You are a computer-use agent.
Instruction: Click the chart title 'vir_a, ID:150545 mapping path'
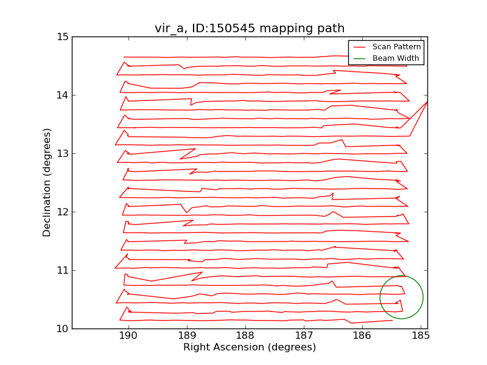pyautogui.click(x=250, y=29)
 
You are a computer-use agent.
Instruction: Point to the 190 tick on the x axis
pyautogui.click(x=128, y=336)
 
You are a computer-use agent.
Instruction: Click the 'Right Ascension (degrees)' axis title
pyautogui.click(x=250, y=348)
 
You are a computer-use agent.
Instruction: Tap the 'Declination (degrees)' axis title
pyautogui.click(x=47, y=182)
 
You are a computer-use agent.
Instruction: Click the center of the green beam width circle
pyautogui.click(x=401, y=297)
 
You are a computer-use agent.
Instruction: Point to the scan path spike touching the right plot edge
pyautogui.click(x=426, y=102)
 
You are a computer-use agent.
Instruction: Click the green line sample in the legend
pyautogui.click(x=359, y=58)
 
